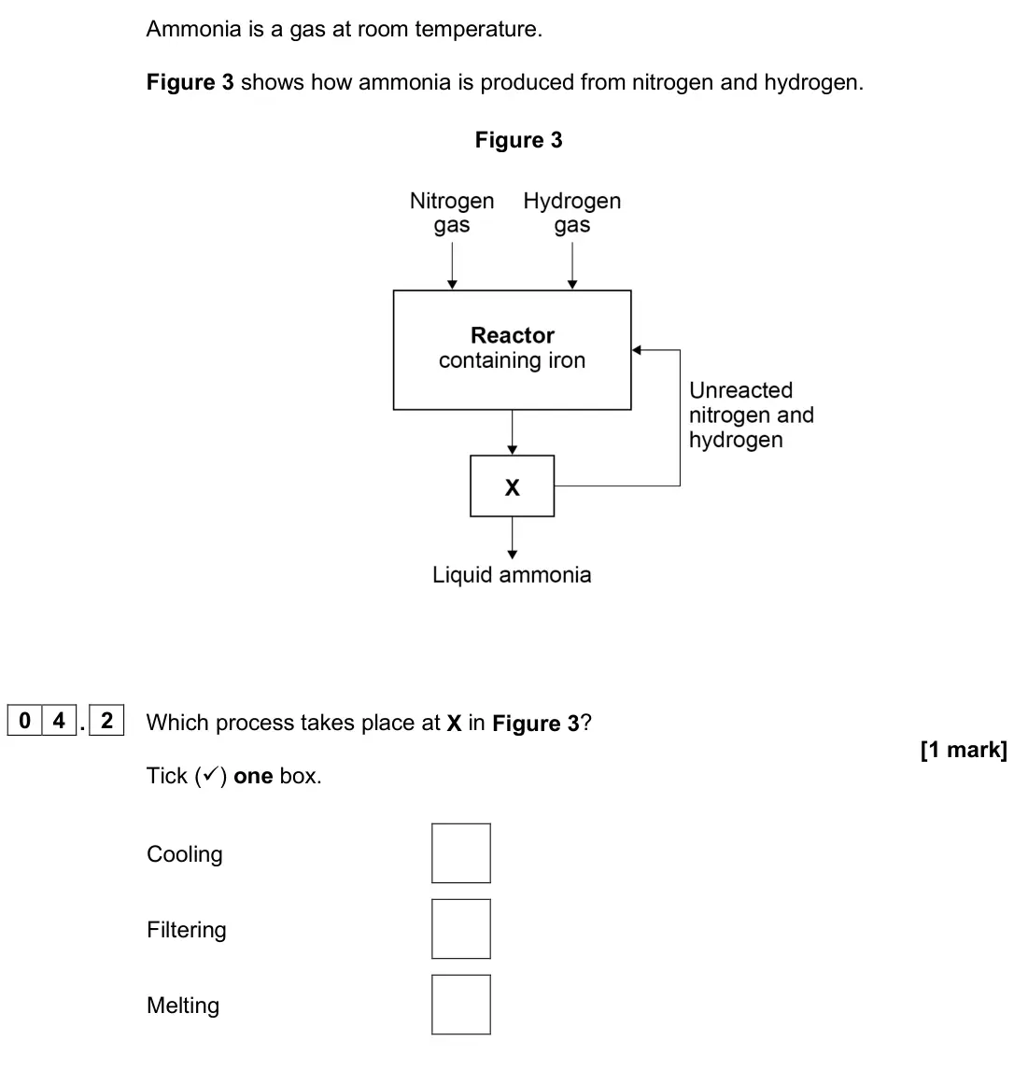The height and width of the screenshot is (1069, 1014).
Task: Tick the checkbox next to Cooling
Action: tap(461, 853)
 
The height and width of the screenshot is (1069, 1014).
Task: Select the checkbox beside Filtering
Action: tap(461, 929)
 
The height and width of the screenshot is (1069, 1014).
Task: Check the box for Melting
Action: tap(461, 1005)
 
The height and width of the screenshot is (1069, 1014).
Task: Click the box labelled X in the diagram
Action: tap(512, 486)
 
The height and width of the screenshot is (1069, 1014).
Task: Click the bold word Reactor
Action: tap(512, 335)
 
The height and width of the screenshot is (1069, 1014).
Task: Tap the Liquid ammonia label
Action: tap(512, 575)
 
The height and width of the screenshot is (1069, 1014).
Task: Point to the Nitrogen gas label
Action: tap(452, 212)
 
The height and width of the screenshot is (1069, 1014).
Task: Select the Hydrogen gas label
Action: tap(572, 212)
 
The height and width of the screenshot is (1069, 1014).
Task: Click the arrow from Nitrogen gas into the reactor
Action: tap(452, 265)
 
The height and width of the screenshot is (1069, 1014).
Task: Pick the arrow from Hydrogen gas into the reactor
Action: tap(572, 265)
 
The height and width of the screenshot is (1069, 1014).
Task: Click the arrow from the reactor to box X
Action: tap(512, 432)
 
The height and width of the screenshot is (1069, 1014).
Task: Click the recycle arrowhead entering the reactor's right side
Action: tap(636, 350)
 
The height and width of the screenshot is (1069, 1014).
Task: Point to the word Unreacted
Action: tap(741, 390)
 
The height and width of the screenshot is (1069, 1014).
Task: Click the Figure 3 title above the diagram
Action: tap(519, 140)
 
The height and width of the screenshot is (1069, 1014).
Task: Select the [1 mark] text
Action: tap(964, 750)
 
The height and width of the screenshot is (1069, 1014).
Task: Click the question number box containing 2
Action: tap(106, 721)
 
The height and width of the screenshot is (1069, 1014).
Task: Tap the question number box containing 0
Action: tap(24, 721)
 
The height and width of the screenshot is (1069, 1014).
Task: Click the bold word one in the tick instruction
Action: tap(254, 776)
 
